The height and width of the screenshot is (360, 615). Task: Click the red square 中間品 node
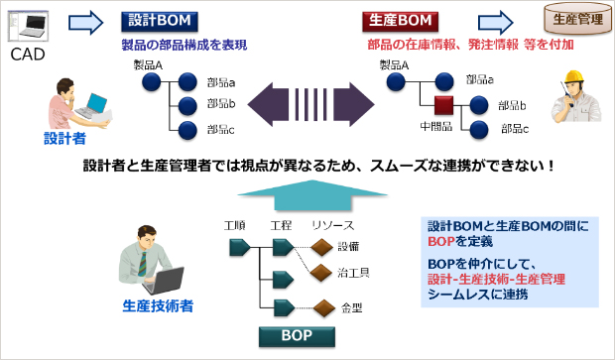442,105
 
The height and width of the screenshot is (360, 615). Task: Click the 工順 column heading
235,224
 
